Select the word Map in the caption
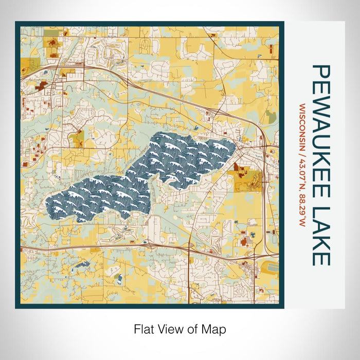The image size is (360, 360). coord(215,329)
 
